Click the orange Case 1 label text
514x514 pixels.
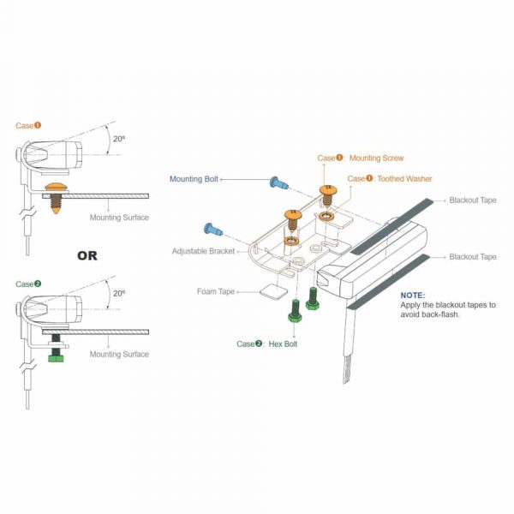(x=28, y=126)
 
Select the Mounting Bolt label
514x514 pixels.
(x=194, y=179)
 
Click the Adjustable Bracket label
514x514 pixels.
(x=203, y=252)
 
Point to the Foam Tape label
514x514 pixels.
(x=216, y=291)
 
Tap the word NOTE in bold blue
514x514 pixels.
(x=413, y=295)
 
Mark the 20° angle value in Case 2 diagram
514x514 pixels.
(x=119, y=293)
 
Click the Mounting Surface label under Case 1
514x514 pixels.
(x=119, y=218)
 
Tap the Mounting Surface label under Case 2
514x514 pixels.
(x=119, y=354)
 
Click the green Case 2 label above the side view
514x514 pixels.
(x=28, y=284)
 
